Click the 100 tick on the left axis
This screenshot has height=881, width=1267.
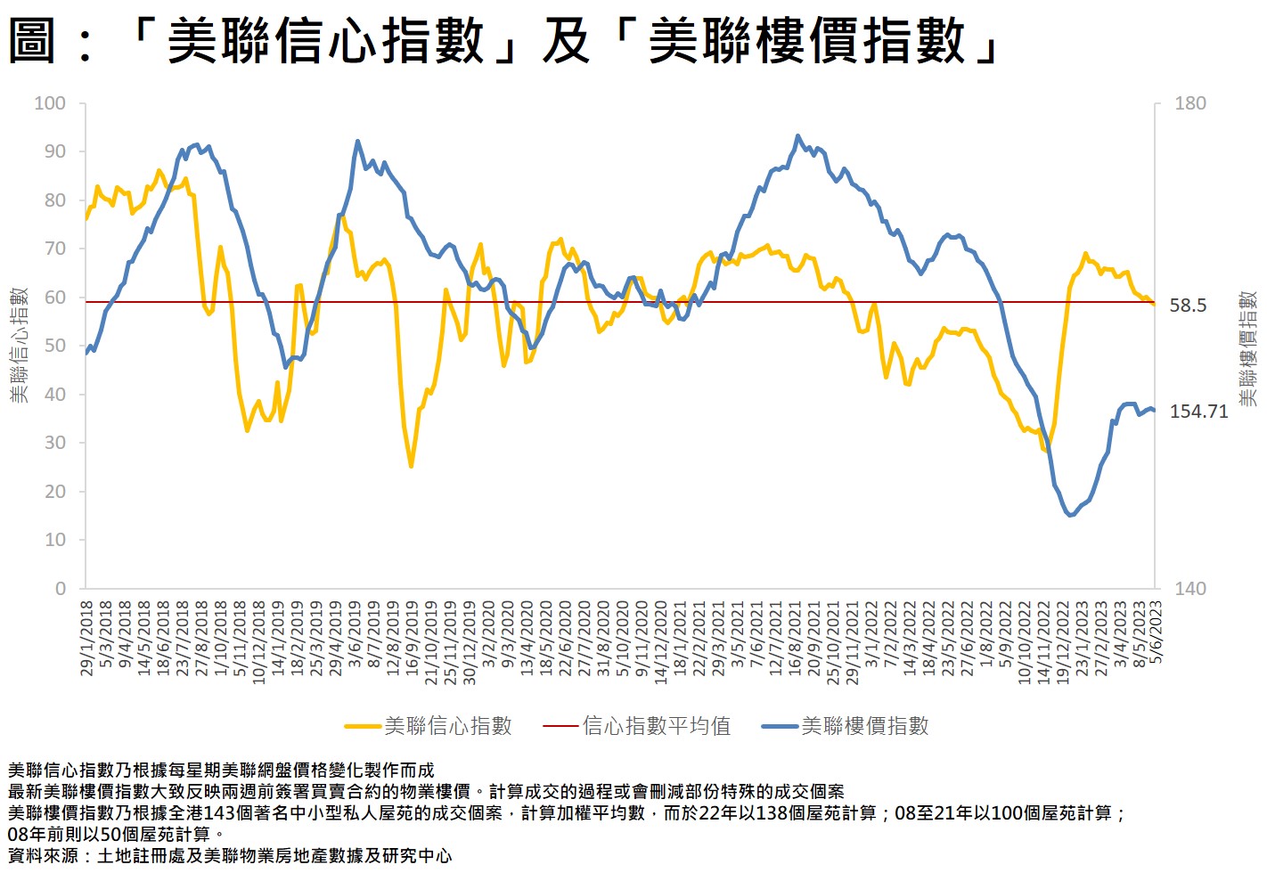click(x=50, y=103)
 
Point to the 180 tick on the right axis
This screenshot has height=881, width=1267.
click(x=1189, y=103)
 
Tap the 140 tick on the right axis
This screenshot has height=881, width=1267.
click(x=1189, y=588)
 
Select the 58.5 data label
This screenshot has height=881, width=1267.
click(x=1188, y=306)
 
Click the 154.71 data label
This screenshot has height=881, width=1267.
click(x=1198, y=412)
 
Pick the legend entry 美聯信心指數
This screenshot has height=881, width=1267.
click(x=447, y=726)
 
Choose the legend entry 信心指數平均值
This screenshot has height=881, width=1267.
click(x=656, y=726)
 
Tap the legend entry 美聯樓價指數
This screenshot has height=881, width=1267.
click(x=864, y=726)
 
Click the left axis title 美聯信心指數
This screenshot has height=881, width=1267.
click(x=20, y=345)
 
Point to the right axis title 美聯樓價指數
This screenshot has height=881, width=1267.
click(x=1247, y=348)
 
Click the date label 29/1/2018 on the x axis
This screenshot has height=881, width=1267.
click(x=87, y=638)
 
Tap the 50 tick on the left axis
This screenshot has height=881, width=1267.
click(x=55, y=346)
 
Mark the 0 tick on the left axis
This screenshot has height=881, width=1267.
click(x=61, y=588)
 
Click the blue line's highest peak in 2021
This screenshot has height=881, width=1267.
click(x=797, y=136)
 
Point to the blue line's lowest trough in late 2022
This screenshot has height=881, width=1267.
click(x=1070, y=515)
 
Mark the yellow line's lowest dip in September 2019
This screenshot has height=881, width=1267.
click(x=411, y=466)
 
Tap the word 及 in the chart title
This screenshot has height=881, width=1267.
click(x=566, y=41)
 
